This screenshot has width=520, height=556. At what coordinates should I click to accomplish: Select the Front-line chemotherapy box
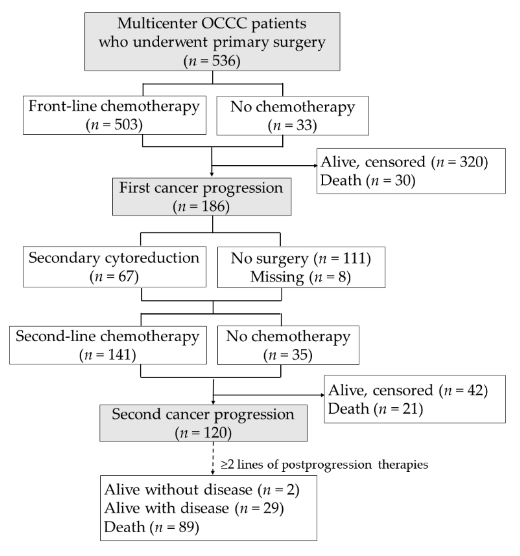[x=114, y=115]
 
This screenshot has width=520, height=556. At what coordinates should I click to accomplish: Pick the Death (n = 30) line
[x=367, y=180]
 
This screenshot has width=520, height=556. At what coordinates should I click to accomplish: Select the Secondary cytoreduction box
[x=114, y=267]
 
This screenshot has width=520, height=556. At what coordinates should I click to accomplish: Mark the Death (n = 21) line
[x=375, y=409]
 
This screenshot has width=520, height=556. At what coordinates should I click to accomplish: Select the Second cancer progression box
[x=203, y=423]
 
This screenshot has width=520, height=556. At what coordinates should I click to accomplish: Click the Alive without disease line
[x=202, y=490]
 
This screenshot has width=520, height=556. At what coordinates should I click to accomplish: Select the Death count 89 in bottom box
[x=185, y=527]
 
